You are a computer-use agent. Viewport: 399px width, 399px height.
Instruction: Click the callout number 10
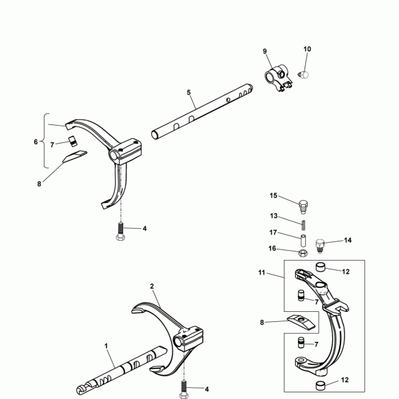pos(307,49)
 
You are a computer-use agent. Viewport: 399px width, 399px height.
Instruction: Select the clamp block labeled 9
pos(278,77)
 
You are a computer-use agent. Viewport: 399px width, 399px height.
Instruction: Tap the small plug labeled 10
pos(304,74)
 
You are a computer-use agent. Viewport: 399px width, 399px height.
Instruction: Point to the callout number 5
pos(189,92)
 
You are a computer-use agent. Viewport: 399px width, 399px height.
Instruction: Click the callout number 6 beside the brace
pos(36,142)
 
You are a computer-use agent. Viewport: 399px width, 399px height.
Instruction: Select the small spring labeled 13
pos(304,225)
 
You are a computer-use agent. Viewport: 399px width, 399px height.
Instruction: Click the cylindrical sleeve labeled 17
pos(303,241)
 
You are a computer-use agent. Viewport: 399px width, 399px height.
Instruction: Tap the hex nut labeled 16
pos(303,253)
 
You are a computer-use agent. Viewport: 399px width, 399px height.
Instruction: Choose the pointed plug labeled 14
pos(320,245)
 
